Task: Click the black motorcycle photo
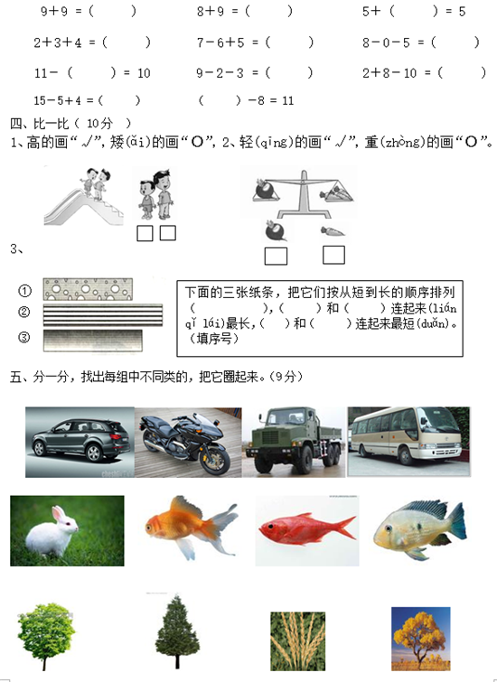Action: click(x=188, y=443)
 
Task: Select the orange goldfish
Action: click(x=191, y=528)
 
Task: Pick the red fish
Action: click(x=307, y=530)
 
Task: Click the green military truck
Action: click(x=294, y=442)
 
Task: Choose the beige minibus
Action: click(x=408, y=442)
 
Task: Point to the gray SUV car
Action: click(x=80, y=442)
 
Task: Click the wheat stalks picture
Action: click(x=297, y=641)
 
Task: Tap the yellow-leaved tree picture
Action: click(x=420, y=639)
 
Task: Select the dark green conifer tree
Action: click(x=177, y=631)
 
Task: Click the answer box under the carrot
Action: click(x=333, y=255)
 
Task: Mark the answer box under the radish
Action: click(x=276, y=257)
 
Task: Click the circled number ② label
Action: click(x=24, y=312)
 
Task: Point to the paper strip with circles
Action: click(x=88, y=289)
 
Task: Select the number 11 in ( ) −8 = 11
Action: click(x=287, y=101)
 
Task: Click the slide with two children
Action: click(x=83, y=197)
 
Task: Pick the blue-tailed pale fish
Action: click(x=420, y=529)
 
